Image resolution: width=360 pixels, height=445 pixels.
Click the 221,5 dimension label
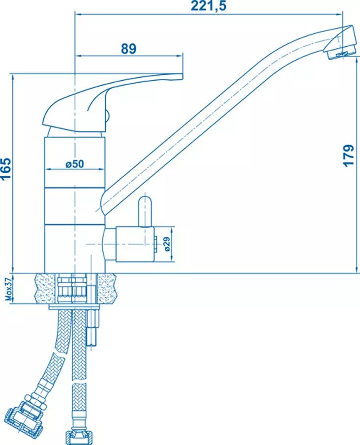pos(209,6)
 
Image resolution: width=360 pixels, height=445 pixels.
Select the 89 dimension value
pos(129,49)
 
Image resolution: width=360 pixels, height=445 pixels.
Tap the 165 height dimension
pos(6,168)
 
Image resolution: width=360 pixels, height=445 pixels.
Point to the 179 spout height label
pos(348,155)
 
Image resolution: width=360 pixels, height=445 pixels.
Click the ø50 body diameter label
pos(75,164)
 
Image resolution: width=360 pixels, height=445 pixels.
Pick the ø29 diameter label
pos(167,244)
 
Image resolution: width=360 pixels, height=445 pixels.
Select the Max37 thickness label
pos(9,289)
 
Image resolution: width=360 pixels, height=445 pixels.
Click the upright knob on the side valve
pos(145,212)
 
